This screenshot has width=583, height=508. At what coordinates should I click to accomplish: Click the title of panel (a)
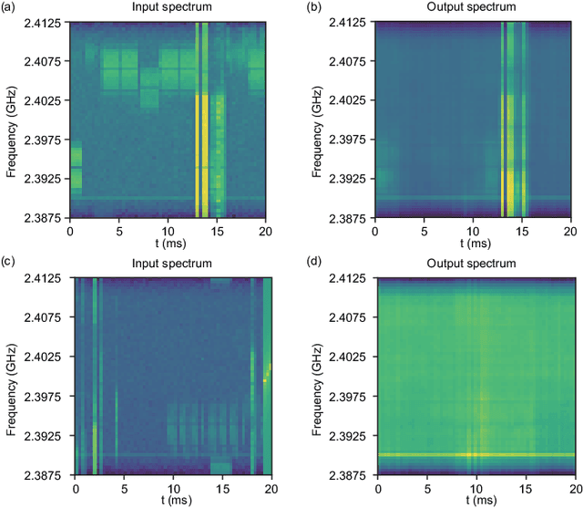168,8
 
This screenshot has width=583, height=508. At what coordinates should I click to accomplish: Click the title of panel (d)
474,264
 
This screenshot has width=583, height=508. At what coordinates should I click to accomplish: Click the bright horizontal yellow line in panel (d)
474,454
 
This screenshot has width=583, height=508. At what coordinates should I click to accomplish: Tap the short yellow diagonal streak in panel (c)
267,372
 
